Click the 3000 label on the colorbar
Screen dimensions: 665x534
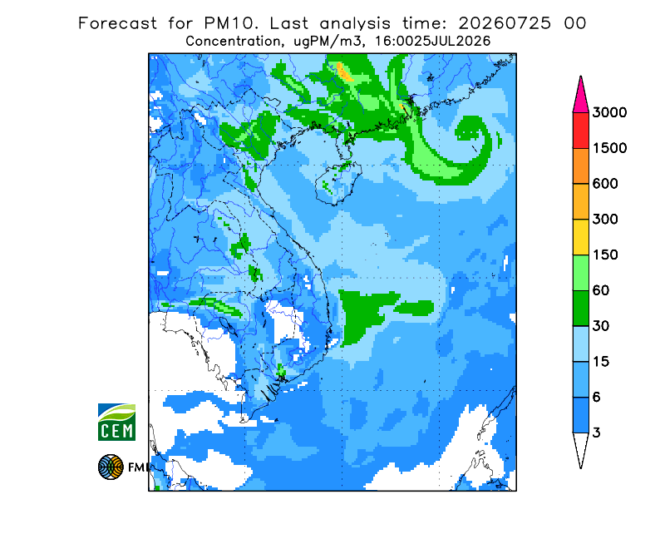[x=609, y=112]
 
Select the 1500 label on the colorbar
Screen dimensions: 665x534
[x=609, y=148]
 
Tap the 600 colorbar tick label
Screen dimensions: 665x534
[x=605, y=184]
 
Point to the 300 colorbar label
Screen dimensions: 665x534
[x=605, y=220]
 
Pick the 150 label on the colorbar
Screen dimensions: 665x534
[x=605, y=255]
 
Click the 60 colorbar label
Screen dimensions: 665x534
[x=601, y=291]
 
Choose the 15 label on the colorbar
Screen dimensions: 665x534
[x=601, y=362]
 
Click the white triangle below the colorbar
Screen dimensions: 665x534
[x=580, y=447]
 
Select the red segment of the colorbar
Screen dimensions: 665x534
[x=580, y=131]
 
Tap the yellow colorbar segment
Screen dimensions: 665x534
[x=580, y=237]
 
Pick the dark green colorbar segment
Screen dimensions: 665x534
[x=580, y=309]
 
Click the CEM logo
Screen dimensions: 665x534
[x=116, y=422]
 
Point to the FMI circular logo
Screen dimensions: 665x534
[x=111, y=467]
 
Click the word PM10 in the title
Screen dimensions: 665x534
[x=231, y=23]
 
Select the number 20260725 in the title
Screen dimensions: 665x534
[x=505, y=23]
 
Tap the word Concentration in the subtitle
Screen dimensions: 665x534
[x=233, y=42]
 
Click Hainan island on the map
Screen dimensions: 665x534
[x=338, y=183]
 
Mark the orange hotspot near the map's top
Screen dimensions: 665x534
[x=345, y=72]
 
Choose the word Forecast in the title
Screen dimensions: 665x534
[x=117, y=23]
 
